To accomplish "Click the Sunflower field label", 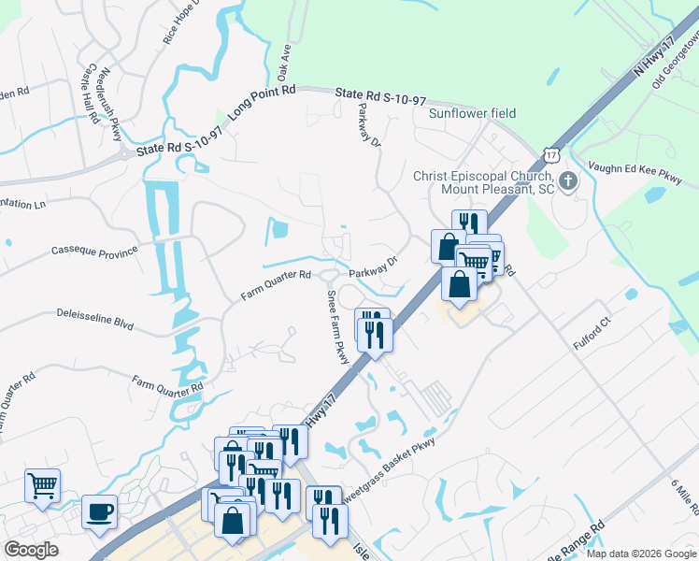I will pyautogui.click(x=472, y=113).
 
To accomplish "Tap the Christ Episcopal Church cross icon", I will pyautogui.click(x=568, y=180).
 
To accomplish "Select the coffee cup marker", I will pyautogui.click(x=99, y=512).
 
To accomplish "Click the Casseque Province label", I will pyautogui.click(x=94, y=251).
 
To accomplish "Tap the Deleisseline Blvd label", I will pyautogui.click(x=95, y=320).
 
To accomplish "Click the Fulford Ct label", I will pyautogui.click(x=592, y=333).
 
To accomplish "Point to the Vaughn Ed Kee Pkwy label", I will pyautogui.click(x=635, y=170).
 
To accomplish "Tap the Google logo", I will pyautogui.click(x=31, y=550).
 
